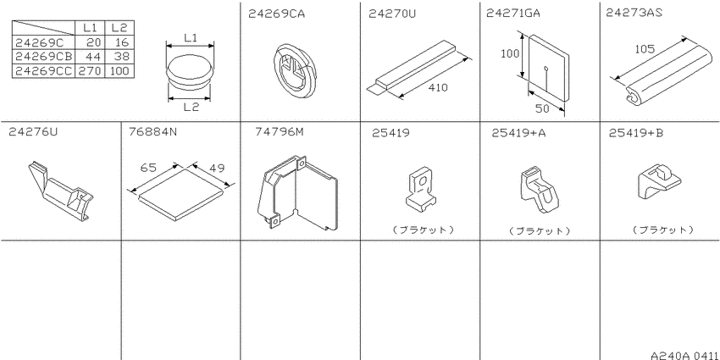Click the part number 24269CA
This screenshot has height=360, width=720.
tap(276, 14)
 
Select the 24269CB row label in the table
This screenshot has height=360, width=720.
tap(43, 57)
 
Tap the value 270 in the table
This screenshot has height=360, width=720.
tap(90, 70)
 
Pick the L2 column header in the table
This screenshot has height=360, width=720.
tap(119, 28)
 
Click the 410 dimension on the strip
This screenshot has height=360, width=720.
tap(438, 87)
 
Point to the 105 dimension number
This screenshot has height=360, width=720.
tap(645, 48)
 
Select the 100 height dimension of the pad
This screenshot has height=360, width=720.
tap(510, 53)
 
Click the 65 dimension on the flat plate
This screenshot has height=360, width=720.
tap(148, 168)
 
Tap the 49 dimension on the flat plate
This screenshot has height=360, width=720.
tap(217, 168)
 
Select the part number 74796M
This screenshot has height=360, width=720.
tap(280, 132)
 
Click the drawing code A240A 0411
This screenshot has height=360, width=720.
tap(684, 355)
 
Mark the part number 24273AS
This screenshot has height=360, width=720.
tap(634, 14)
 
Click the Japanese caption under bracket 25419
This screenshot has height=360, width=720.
tap(424, 230)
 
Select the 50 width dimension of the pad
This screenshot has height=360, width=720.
tap(542, 108)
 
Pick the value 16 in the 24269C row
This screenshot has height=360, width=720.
tap(121, 42)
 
